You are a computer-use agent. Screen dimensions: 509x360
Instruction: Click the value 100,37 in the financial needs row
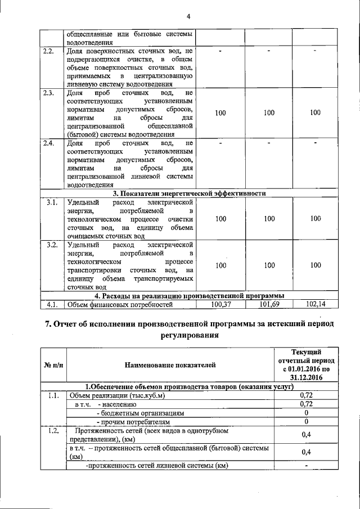(220, 304)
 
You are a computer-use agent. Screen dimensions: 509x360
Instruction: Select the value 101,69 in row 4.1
(269, 304)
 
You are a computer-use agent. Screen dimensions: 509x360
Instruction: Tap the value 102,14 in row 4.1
(316, 304)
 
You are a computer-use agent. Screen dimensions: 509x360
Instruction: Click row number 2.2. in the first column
(49, 52)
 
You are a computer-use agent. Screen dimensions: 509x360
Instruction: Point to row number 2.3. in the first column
(49, 93)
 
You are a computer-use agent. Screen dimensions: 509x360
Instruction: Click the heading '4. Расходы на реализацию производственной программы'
(189, 296)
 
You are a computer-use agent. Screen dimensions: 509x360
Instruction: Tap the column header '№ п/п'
(53, 366)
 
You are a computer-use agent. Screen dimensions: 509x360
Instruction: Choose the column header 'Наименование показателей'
(170, 366)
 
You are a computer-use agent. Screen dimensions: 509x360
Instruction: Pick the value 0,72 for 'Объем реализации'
(306, 395)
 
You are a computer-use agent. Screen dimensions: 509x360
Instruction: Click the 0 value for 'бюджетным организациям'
(306, 412)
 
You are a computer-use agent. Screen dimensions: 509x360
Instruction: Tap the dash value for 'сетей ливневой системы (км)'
(306, 465)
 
